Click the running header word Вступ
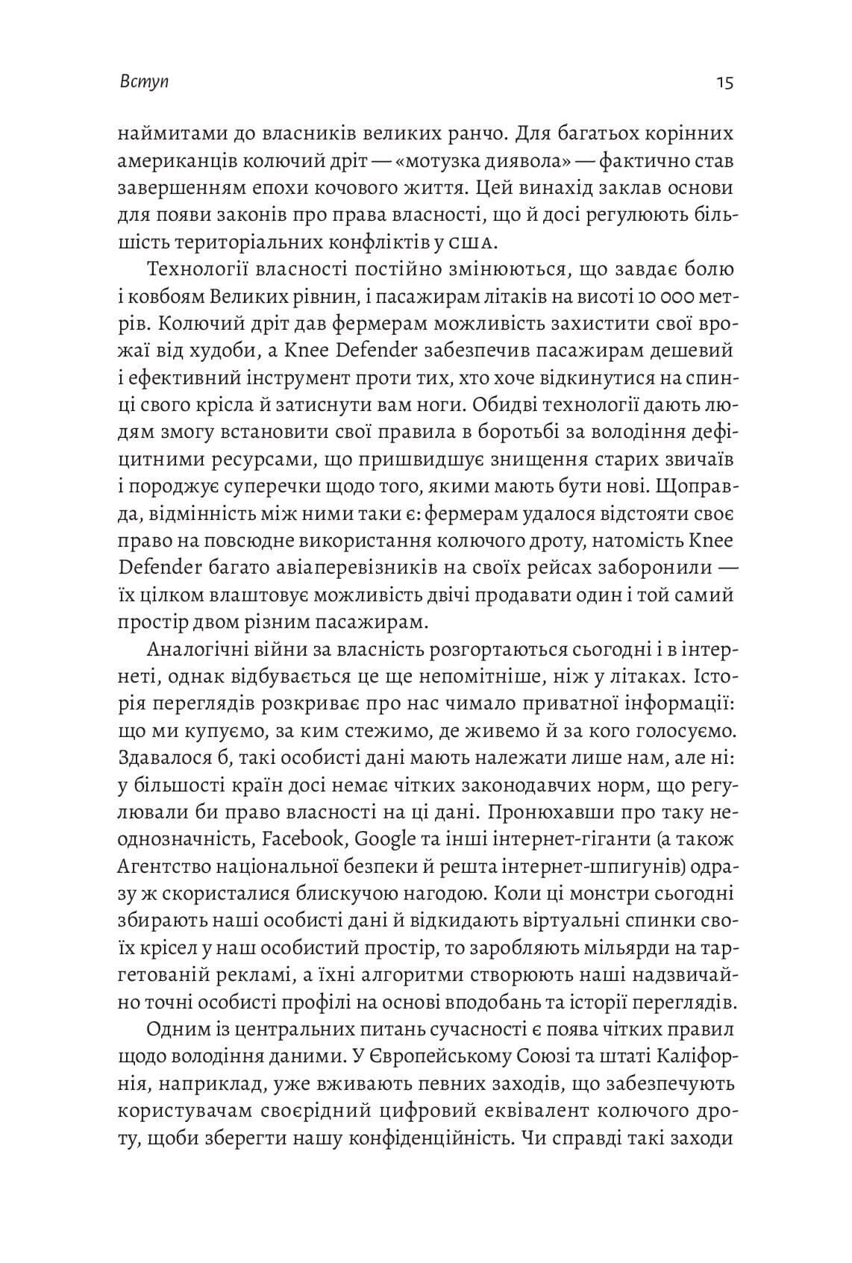pos(144,81)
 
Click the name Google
pos(386,839)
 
